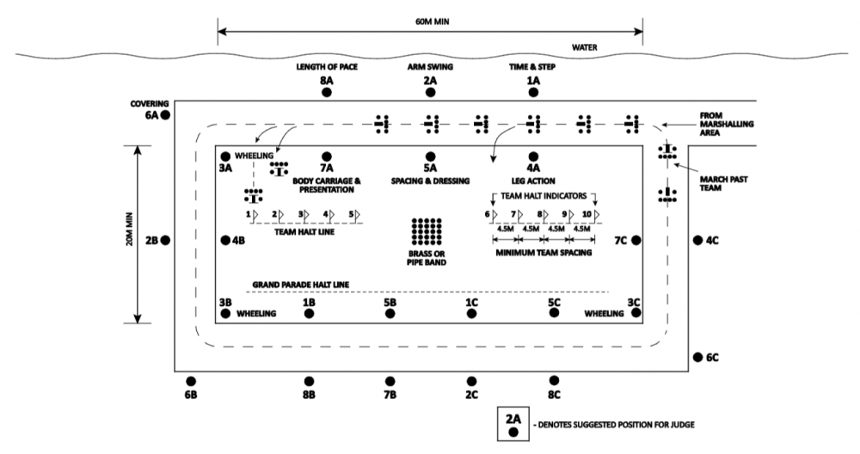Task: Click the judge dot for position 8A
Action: (327, 93)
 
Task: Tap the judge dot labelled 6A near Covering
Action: (166, 114)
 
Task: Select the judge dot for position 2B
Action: (166, 241)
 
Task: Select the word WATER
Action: (584, 47)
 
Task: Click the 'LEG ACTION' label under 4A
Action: (532, 181)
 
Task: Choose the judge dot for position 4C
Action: (697, 240)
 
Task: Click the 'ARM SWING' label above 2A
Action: (430, 65)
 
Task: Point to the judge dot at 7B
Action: (390, 380)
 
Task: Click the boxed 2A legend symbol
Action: (513, 423)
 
